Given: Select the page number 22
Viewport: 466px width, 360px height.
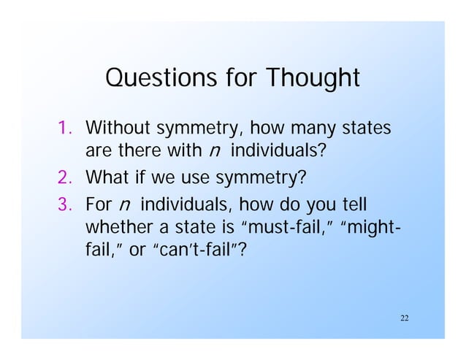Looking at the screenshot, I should click(405, 318).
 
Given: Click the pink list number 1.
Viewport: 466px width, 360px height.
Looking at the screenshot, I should click(65, 131).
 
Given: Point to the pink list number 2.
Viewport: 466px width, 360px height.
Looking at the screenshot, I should click(65, 176).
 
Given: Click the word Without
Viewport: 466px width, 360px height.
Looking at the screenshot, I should click(118, 131).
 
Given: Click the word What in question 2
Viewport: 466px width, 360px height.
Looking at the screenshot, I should click(107, 176).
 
